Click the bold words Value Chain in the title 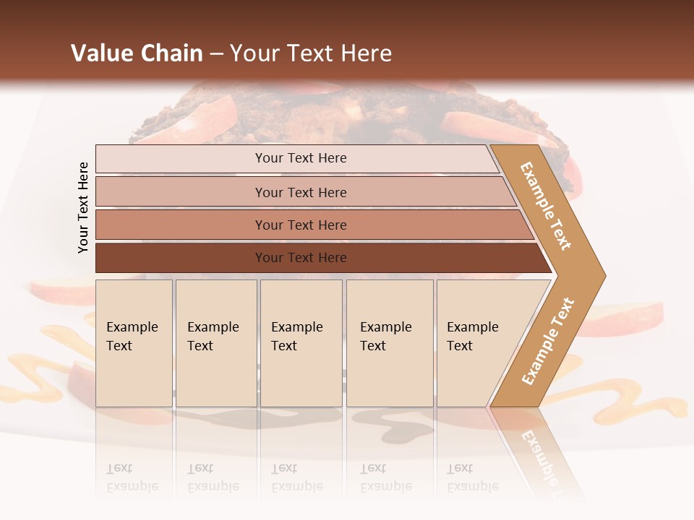137,53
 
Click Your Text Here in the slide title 311,53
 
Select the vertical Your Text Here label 83,207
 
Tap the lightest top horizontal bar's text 301,158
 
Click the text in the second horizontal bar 301,193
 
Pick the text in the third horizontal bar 301,225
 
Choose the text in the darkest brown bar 301,258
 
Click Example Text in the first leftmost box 132,337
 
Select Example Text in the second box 213,337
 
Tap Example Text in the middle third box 296,337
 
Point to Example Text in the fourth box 385,337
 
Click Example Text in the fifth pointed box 472,337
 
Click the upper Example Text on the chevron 546,206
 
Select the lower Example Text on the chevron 548,342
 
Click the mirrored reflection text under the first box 132,477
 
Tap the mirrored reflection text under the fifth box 472,477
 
